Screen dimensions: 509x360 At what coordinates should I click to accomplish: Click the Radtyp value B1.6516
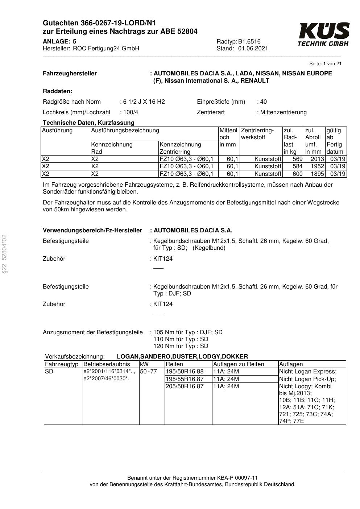point(249,41)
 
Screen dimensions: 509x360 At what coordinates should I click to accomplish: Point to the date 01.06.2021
point(253,49)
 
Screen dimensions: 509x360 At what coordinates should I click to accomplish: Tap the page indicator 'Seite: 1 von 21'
point(325,64)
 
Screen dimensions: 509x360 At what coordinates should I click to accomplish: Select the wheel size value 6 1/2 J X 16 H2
point(144,102)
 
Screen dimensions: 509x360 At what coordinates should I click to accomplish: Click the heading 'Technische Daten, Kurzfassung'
point(88,123)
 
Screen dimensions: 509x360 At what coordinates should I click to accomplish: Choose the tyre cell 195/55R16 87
point(185,379)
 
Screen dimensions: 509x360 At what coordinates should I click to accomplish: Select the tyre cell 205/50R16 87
point(185,386)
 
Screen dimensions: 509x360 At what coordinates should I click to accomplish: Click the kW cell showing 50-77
point(148,372)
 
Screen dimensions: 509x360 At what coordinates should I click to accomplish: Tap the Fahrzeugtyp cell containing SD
point(49,372)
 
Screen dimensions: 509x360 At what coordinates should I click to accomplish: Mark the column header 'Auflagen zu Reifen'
point(239,364)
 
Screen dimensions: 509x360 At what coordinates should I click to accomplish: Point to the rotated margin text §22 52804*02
point(4,254)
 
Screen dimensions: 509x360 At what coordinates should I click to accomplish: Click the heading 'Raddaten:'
point(57,91)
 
